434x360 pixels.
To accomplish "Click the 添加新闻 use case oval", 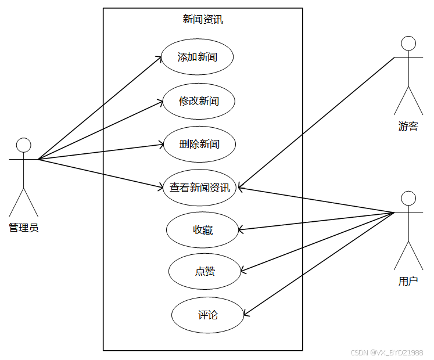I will [198, 57].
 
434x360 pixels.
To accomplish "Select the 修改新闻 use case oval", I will [199, 101].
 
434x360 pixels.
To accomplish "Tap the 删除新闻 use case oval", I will [199, 143].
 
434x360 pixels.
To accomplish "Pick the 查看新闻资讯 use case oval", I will [199, 188].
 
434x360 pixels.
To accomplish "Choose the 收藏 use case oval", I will [203, 230].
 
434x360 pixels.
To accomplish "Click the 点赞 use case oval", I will [205, 271].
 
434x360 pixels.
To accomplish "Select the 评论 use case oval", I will [207, 315].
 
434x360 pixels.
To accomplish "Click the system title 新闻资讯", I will [203, 19].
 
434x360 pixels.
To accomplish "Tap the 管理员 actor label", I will [24, 228].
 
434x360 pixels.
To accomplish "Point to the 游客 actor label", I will [408, 126].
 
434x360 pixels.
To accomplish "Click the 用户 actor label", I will [408, 282].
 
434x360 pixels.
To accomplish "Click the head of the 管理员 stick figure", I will [23, 145].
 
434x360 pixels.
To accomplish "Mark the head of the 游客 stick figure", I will [408, 43].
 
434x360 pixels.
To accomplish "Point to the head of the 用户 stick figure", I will [408, 198].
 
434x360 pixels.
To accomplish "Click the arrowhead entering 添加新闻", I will [159, 57].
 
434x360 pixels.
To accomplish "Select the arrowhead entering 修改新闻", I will [160, 102].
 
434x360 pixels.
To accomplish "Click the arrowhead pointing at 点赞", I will [243, 271].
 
